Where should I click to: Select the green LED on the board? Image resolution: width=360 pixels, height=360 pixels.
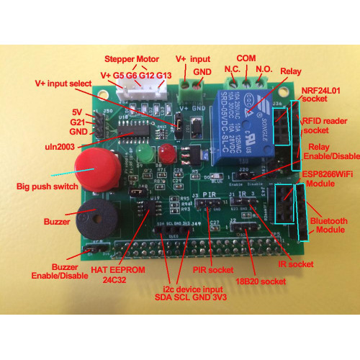click(145, 155)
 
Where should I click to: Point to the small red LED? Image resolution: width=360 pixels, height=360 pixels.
click(168, 153)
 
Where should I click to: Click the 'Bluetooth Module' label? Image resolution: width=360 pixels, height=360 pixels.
click(328, 225)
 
